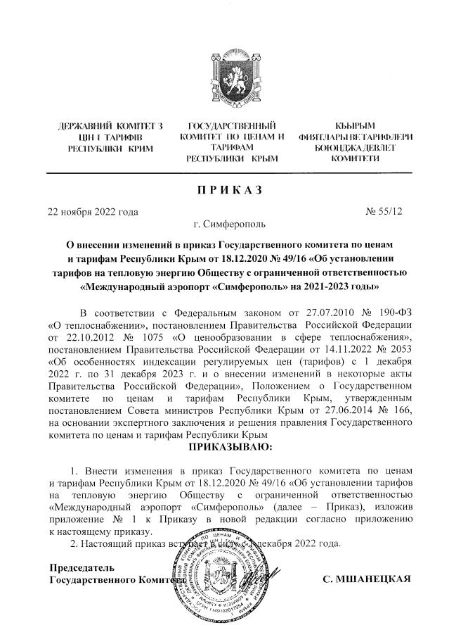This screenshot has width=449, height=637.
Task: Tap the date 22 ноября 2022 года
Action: click(92, 210)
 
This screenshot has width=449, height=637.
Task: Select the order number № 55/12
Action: click(385, 210)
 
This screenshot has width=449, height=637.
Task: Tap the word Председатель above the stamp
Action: click(82, 567)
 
